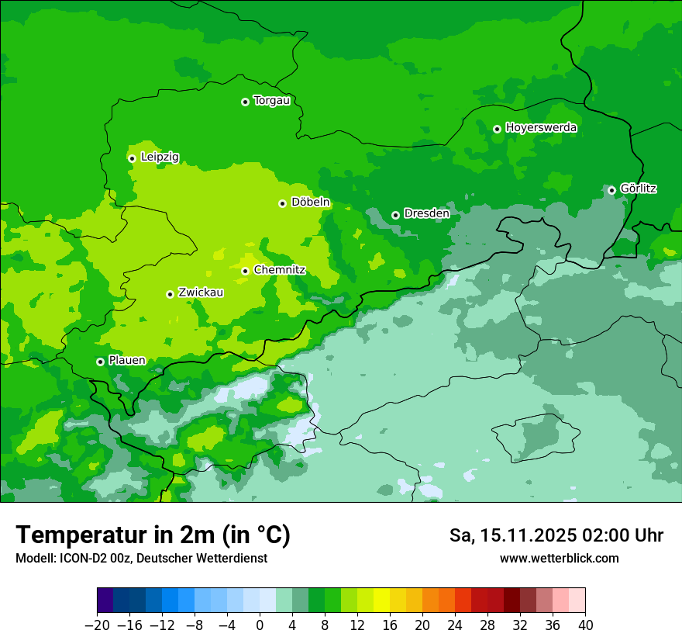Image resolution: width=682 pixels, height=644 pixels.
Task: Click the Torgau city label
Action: pos(271,101)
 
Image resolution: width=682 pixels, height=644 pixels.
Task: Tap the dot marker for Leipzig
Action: pos(132,158)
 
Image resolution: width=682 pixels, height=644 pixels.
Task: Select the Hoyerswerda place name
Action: pos(541,128)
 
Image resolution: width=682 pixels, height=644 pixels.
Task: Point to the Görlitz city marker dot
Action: pos(611,190)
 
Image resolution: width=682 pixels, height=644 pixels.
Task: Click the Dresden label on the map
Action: pos(426,213)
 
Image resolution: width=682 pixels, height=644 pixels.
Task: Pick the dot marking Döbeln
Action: pos(282,203)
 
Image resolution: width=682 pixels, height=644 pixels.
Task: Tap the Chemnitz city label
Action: pos(279,270)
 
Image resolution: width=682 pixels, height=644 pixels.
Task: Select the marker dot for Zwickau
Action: pos(170,294)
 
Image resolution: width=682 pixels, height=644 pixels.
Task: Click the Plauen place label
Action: pos(127,361)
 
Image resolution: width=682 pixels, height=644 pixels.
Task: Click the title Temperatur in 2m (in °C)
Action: pos(153,535)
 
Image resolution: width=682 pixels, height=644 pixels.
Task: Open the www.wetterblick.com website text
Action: pos(559,558)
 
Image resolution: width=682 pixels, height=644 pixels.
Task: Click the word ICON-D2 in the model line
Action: pos(80,558)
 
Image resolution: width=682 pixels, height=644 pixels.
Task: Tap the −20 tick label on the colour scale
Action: pos(97,625)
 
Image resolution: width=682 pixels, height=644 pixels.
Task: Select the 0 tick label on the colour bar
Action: pos(260,625)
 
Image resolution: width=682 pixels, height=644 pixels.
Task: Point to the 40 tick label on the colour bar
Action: pos(585,625)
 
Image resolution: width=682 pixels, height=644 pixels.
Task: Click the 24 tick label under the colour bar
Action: pos(455,625)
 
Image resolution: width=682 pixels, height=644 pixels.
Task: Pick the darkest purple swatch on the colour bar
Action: pos(105,601)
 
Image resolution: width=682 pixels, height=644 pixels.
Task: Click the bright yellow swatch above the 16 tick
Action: pos(381,601)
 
